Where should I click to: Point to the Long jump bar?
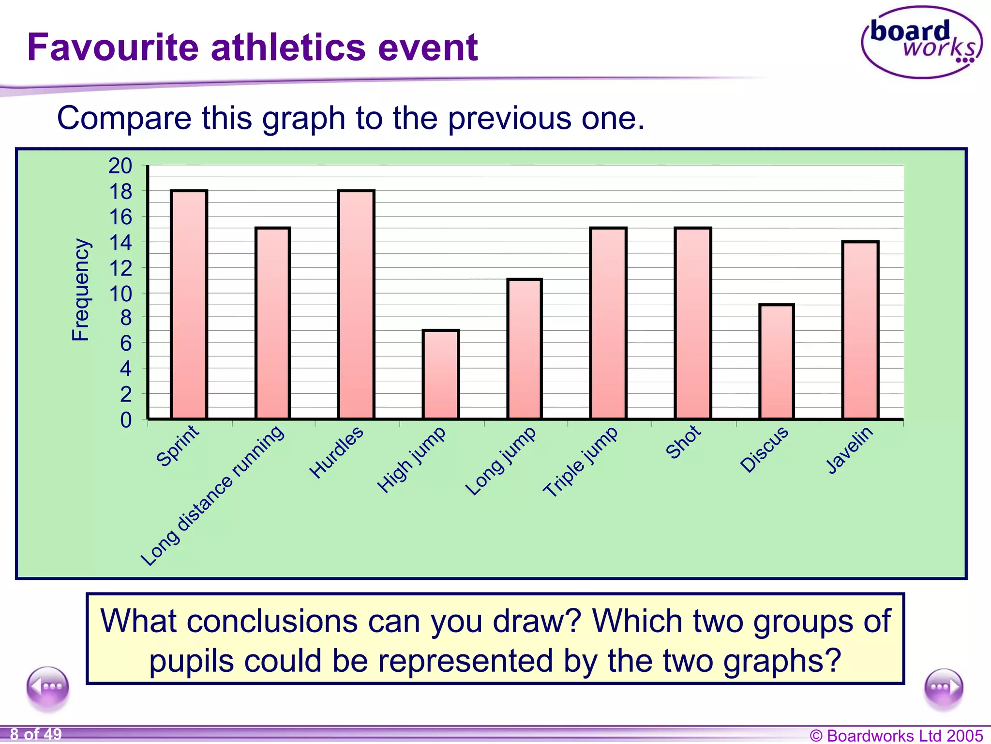(x=525, y=349)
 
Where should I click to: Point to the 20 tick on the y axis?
(x=120, y=166)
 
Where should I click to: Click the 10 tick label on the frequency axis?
(x=120, y=293)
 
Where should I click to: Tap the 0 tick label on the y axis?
(x=126, y=420)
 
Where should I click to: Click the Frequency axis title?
(x=80, y=290)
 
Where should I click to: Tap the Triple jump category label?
(x=580, y=462)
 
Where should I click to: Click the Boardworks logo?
(x=922, y=43)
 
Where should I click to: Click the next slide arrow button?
(x=943, y=687)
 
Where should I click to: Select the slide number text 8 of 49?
(x=36, y=734)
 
